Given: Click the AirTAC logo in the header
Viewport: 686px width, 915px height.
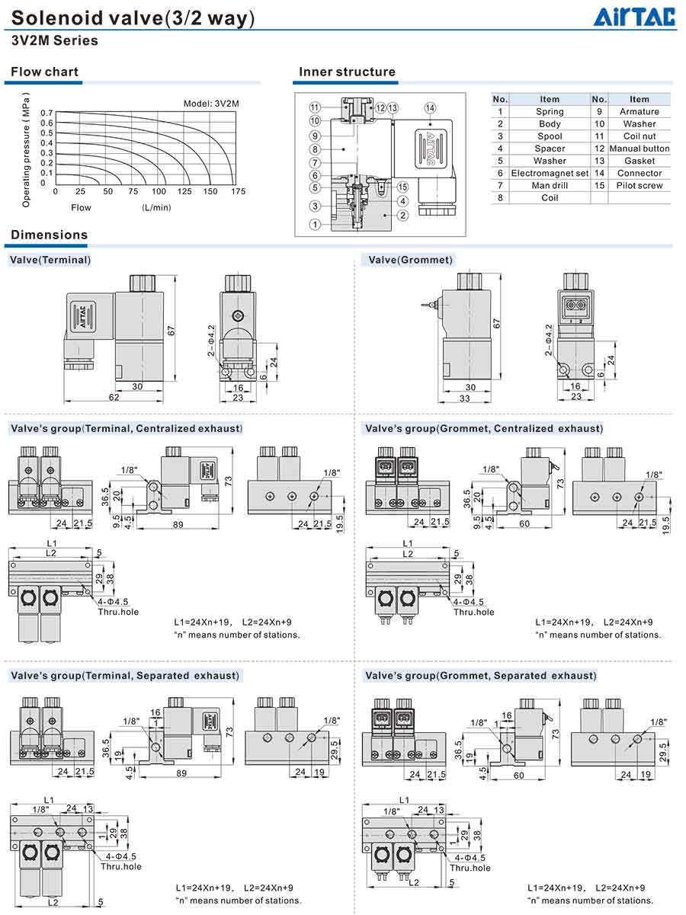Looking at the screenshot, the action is coord(634,18).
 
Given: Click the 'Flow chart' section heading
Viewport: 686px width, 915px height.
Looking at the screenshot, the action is coord(45,72).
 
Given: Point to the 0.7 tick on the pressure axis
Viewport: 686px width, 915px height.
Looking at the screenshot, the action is coord(46,113).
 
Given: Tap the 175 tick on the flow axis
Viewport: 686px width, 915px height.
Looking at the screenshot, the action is coord(238,191).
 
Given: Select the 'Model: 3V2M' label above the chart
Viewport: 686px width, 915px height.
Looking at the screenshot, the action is coord(211,104).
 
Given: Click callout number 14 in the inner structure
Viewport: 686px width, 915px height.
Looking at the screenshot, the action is coord(430,108).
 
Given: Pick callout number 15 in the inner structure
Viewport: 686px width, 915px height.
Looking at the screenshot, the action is coord(402,187).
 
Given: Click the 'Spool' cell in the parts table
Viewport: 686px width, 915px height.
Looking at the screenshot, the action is coord(550,136).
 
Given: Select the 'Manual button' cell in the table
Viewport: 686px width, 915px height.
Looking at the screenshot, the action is coord(640,149).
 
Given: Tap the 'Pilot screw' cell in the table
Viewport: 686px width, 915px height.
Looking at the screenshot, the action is coord(640,185).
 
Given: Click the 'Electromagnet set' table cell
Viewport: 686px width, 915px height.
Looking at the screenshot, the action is coord(550,173).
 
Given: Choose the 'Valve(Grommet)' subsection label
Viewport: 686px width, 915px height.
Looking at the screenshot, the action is coord(410,260).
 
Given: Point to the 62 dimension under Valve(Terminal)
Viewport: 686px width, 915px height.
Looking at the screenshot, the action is coord(114,397).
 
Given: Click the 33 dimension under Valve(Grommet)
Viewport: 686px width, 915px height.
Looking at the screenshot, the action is coord(464,398).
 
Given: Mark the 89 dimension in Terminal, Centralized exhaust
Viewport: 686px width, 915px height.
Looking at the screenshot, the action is coord(178,524).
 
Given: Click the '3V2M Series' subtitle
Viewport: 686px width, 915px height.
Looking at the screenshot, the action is coord(55,40).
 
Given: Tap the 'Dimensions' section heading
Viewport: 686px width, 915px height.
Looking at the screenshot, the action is coord(50,235).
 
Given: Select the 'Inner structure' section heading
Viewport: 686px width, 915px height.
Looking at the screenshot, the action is coord(347,72).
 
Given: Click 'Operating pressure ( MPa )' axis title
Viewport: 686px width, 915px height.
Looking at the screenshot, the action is coord(26,149).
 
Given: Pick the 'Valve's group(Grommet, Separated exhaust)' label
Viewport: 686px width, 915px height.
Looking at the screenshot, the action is coord(481,676).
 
